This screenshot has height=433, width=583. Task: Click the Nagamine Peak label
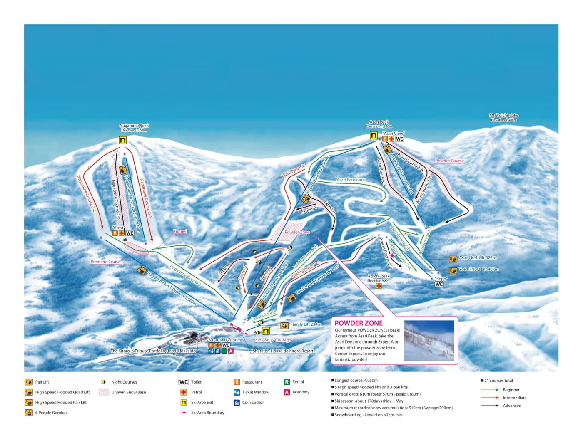click(x=134, y=126)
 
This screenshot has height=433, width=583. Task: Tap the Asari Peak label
click(x=379, y=122)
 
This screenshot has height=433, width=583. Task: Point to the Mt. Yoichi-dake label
click(x=504, y=115)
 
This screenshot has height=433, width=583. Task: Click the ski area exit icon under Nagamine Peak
click(x=122, y=140)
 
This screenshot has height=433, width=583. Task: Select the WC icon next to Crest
click(x=130, y=233)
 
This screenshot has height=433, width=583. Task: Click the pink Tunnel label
click(x=180, y=231)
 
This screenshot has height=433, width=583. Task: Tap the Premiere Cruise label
click(x=105, y=262)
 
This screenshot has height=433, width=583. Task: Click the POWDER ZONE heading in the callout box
click(x=359, y=323)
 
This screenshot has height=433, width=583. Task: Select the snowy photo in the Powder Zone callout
click(x=429, y=340)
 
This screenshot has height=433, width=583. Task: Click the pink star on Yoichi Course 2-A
click(x=392, y=256)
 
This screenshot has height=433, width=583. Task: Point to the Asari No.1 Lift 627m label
click(x=477, y=258)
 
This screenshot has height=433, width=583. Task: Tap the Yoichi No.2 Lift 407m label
click(x=478, y=269)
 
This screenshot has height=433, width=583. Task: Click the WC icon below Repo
click(x=439, y=284)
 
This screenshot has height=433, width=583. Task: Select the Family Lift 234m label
click(x=306, y=324)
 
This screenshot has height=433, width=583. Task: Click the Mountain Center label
click(x=224, y=340)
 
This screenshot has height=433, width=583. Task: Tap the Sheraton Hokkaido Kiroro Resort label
click(x=283, y=351)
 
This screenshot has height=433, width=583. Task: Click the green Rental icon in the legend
click(x=287, y=382)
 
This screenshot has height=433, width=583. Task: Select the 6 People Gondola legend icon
click(x=28, y=413)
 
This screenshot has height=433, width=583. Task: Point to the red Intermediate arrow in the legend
click(x=490, y=398)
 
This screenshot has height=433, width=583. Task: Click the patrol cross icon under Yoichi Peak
click(x=379, y=286)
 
